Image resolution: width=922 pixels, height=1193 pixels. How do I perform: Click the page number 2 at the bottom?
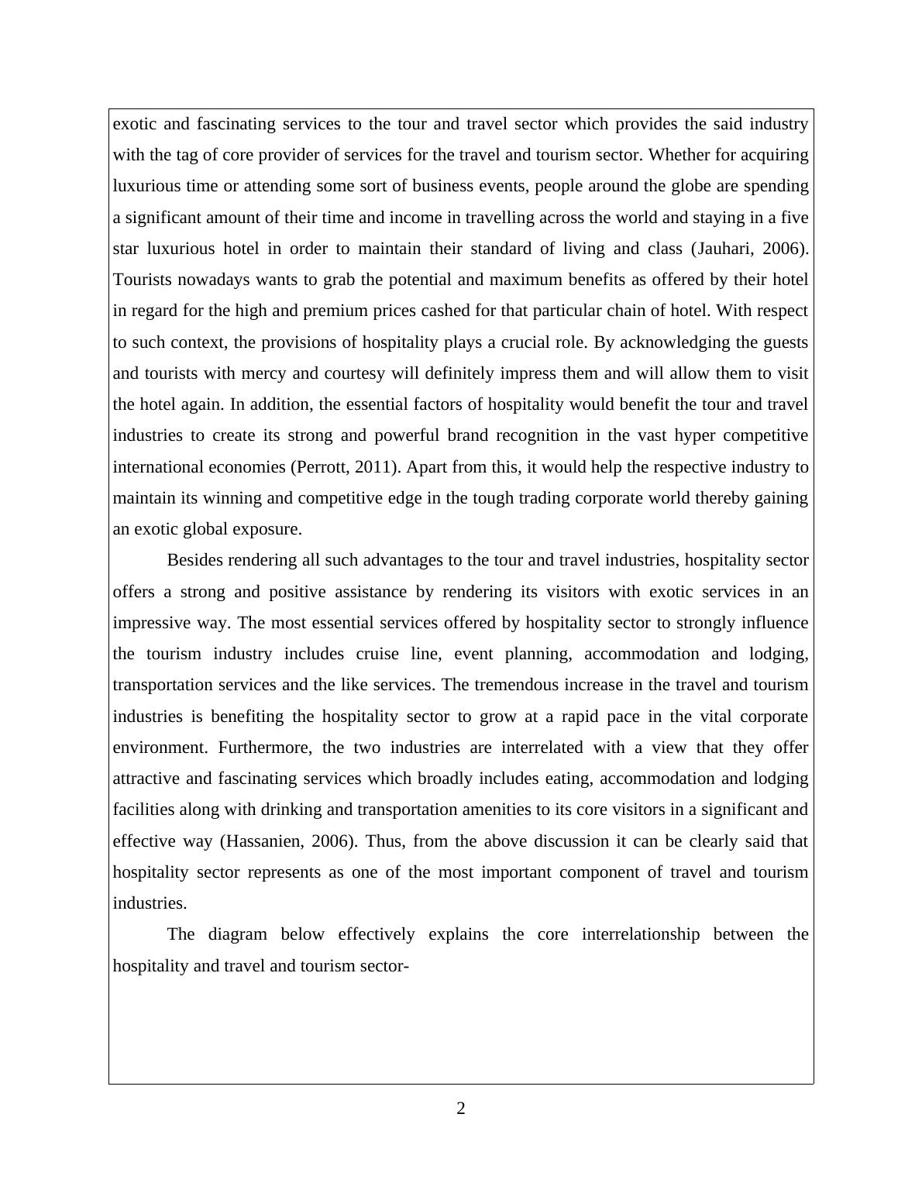pyautogui.click(x=461, y=1109)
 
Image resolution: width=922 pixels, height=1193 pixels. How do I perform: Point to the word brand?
pyautogui.click(x=467, y=435)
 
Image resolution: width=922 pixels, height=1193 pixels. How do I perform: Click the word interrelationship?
pyautogui.click(x=641, y=934)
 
